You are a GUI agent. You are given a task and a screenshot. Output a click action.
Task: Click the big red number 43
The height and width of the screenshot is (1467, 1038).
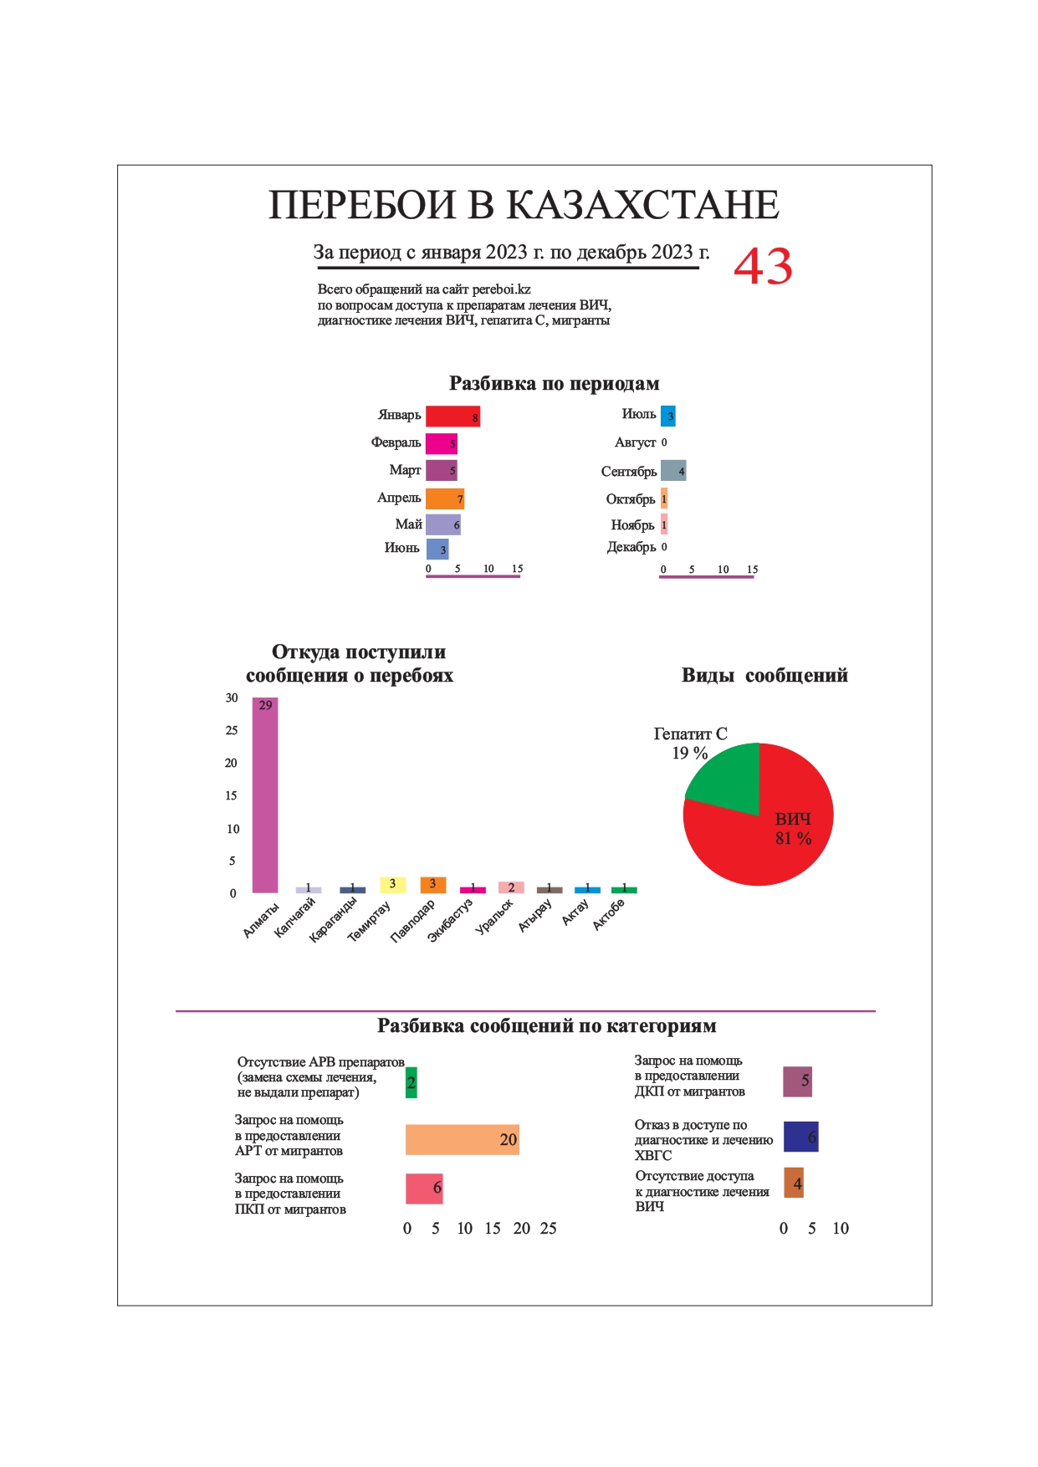[763, 267]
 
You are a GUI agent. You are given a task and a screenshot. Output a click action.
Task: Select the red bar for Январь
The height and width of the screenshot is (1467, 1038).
[453, 416]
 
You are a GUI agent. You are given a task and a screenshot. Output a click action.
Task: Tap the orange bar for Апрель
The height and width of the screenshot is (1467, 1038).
[444, 498]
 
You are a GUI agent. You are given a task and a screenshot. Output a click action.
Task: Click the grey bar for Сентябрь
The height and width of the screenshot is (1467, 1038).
[673, 471]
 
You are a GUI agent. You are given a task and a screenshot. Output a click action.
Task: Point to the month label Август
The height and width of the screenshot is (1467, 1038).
[635, 442]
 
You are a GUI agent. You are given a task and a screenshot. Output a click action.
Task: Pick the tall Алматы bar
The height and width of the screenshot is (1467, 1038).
[265, 795]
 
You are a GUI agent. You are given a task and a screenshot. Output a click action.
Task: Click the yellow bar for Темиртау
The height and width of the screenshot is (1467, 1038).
[392, 884]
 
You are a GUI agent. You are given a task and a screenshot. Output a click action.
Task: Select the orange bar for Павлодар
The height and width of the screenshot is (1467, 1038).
[432, 884]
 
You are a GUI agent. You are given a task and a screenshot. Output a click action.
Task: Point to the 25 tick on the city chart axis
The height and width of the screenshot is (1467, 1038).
[232, 730]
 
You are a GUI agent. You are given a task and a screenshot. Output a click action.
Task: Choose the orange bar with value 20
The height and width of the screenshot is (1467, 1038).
[462, 1139]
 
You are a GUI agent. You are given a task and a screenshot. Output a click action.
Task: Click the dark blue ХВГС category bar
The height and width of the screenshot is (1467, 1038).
[800, 1137]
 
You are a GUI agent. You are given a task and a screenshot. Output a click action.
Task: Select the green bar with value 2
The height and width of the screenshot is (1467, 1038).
[411, 1082]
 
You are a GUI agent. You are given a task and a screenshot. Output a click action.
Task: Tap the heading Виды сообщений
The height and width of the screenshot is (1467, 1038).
[764, 676]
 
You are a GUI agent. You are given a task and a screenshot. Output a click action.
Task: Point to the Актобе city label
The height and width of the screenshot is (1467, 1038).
[609, 916]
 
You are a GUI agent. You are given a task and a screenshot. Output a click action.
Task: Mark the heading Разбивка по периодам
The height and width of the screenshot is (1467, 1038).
[554, 384]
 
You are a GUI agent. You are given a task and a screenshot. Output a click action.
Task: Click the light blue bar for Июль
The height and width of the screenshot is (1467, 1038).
[667, 416]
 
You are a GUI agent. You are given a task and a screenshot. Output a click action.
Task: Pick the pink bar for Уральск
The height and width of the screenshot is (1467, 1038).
[511, 887]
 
